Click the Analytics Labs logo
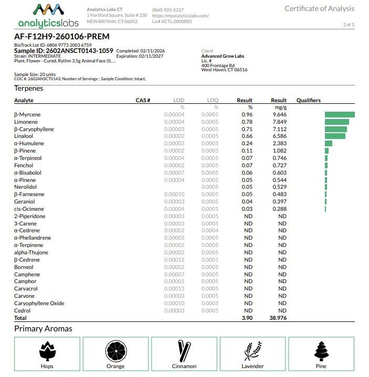click(x=48, y=16)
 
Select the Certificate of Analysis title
click(x=319, y=8)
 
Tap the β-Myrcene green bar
click(x=340, y=114)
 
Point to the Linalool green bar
click(x=335, y=136)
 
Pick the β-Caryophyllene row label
click(x=34, y=129)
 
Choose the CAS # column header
click(x=143, y=100)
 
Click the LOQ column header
click(x=213, y=100)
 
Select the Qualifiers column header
click(x=309, y=100)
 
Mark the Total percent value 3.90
click(x=247, y=318)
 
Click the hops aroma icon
click(x=47, y=350)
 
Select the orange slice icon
click(x=115, y=350)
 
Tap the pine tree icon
click(x=321, y=350)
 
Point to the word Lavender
click(x=252, y=366)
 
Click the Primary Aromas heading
click(x=43, y=329)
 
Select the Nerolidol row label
click(x=26, y=187)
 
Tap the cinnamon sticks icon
click(x=184, y=350)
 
